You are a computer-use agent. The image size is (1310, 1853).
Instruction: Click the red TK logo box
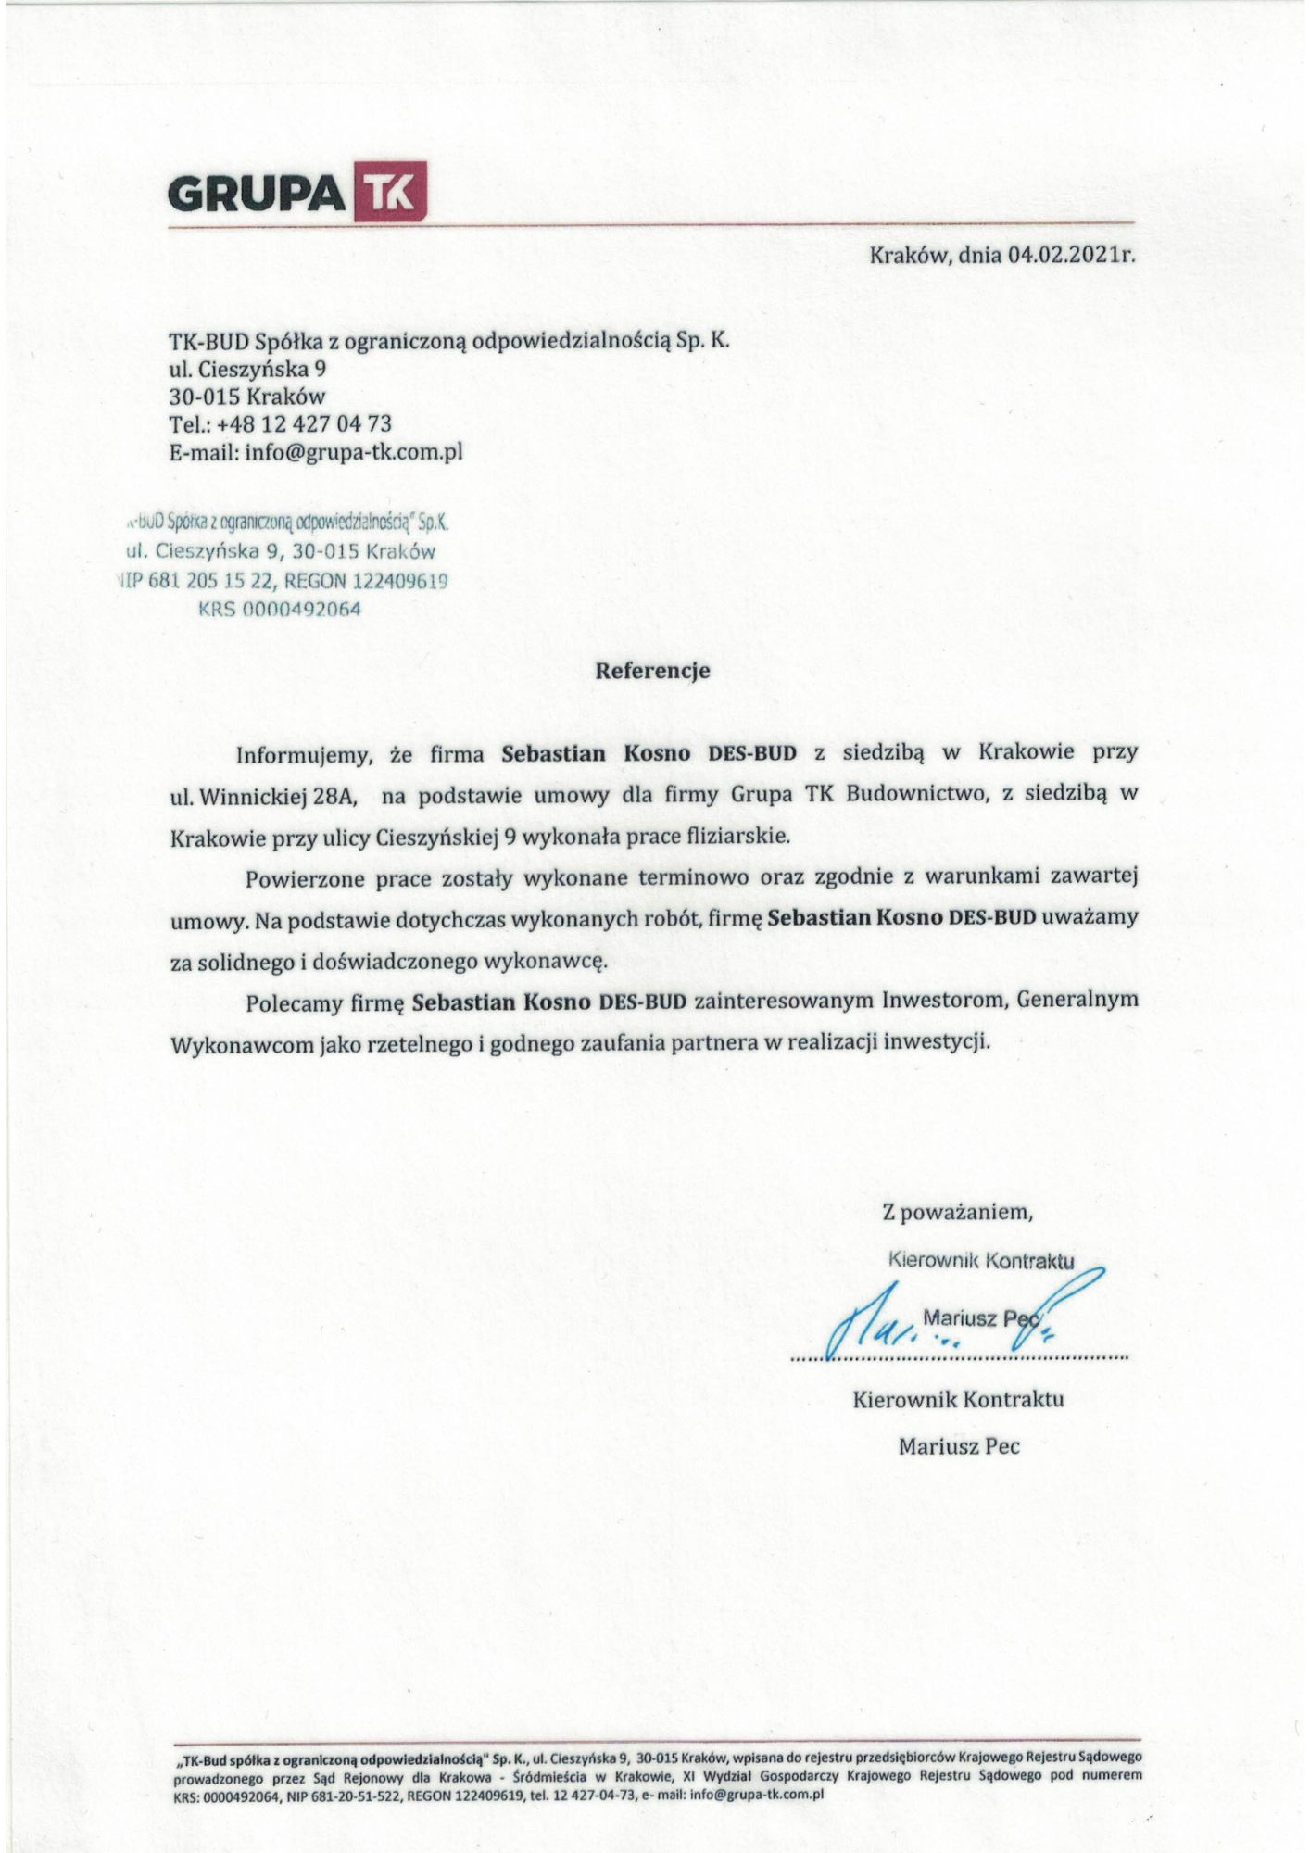[x=392, y=192]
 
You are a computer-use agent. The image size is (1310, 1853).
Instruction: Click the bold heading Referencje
[x=652, y=671]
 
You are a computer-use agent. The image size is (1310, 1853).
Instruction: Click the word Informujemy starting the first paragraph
[x=303, y=753]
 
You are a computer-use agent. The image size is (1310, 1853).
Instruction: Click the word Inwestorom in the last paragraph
[x=940, y=1002]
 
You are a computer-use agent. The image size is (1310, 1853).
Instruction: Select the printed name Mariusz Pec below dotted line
[x=959, y=1446]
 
